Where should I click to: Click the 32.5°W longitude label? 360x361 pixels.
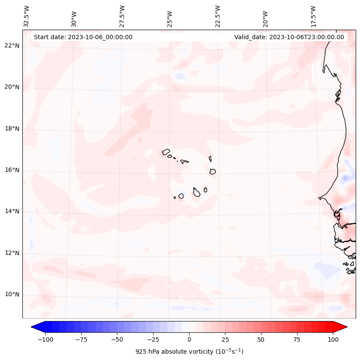[x=27, y=16]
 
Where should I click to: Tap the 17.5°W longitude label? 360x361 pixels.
[x=313, y=16]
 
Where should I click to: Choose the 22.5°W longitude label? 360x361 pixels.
[x=217, y=16]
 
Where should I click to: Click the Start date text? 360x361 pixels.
[x=83, y=37]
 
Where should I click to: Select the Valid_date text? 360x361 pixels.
[x=289, y=37]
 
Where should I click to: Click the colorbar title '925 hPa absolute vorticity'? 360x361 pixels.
[x=189, y=352]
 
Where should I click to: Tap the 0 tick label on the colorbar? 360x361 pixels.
[x=189, y=339]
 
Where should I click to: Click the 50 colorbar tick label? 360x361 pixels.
[x=261, y=339]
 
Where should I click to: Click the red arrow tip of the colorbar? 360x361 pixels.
[x=343, y=327]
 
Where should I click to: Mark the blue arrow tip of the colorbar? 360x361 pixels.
[x=35, y=327]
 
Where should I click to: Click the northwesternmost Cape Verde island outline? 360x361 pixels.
[x=166, y=152]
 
